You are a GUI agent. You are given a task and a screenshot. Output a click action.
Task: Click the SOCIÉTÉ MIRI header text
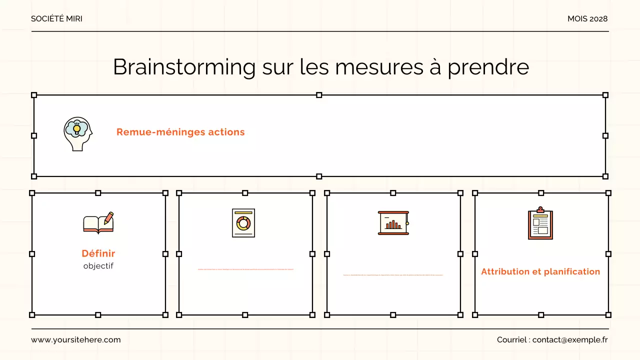click(x=56, y=19)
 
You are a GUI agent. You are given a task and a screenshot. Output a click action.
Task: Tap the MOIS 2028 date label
click(x=587, y=19)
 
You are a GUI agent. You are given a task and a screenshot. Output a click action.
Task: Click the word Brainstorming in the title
click(x=184, y=67)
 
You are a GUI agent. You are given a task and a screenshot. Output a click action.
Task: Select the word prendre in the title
click(x=488, y=67)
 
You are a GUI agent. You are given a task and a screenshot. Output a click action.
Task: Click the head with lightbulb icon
click(x=78, y=134)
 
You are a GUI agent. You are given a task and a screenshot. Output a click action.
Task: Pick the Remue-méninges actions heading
click(x=180, y=132)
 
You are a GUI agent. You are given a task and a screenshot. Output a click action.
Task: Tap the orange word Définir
click(x=98, y=253)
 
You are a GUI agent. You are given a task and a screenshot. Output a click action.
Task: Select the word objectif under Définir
click(x=98, y=266)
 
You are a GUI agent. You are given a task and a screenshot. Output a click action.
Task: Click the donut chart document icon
click(x=243, y=223)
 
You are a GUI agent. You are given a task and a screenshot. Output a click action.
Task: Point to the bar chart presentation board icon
click(x=393, y=223)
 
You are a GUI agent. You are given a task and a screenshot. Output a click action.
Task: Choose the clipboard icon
click(x=540, y=224)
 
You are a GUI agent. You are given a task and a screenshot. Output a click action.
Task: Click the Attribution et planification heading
click(x=540, y=271)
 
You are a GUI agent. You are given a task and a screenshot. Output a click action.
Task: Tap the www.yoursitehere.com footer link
click(x=76, y=340)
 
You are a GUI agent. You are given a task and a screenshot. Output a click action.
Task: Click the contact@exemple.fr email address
click(x=570, y=340)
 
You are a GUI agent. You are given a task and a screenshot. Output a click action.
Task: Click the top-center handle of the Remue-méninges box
click(x=319, y=95)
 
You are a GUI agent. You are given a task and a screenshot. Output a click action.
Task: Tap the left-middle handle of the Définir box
click(x=32, y=254)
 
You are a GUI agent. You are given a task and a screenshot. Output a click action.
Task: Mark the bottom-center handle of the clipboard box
click(x=541, y=315)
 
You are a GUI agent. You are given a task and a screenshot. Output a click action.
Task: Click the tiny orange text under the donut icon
click(x=245, y=269)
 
